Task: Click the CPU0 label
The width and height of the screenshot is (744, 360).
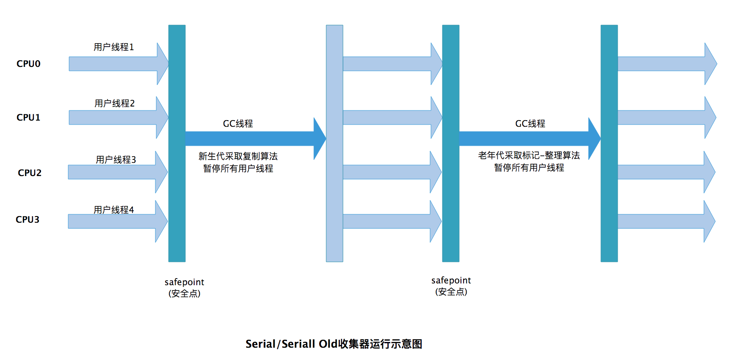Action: click(x=29, y=64)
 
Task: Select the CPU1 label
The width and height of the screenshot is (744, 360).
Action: click(x=29, y=118)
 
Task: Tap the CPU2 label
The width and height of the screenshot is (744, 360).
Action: click(x=29, y=173)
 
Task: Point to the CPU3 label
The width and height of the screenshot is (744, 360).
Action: click(x=28, y=220)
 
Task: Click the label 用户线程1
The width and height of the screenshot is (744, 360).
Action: click(x=114, y=47)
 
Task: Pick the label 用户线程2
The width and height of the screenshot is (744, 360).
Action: click(x=114, y=103)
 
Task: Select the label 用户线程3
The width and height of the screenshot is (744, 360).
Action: click(x=116, y=160)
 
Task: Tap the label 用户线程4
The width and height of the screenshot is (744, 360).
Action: click(x=114, y=210)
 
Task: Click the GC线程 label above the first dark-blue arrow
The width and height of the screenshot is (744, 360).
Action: click(x=238, y=124)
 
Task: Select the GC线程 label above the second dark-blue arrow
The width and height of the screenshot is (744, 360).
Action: click(x=530, y=124)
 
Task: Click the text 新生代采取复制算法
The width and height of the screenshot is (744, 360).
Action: click(x=238, y=156)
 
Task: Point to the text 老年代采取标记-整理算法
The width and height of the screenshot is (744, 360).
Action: click(x=529, y=155)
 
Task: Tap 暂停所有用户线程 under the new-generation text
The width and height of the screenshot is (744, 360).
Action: click(x=238, y=169)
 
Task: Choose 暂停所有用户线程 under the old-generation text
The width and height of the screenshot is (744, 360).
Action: click(x=529, y=168)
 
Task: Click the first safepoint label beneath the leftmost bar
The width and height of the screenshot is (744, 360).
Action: click(x=184, y=287)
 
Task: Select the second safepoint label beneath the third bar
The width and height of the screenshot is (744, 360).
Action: click(x=451, y=286)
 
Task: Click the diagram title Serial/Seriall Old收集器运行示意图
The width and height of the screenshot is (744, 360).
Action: click(x=334, y=344)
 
